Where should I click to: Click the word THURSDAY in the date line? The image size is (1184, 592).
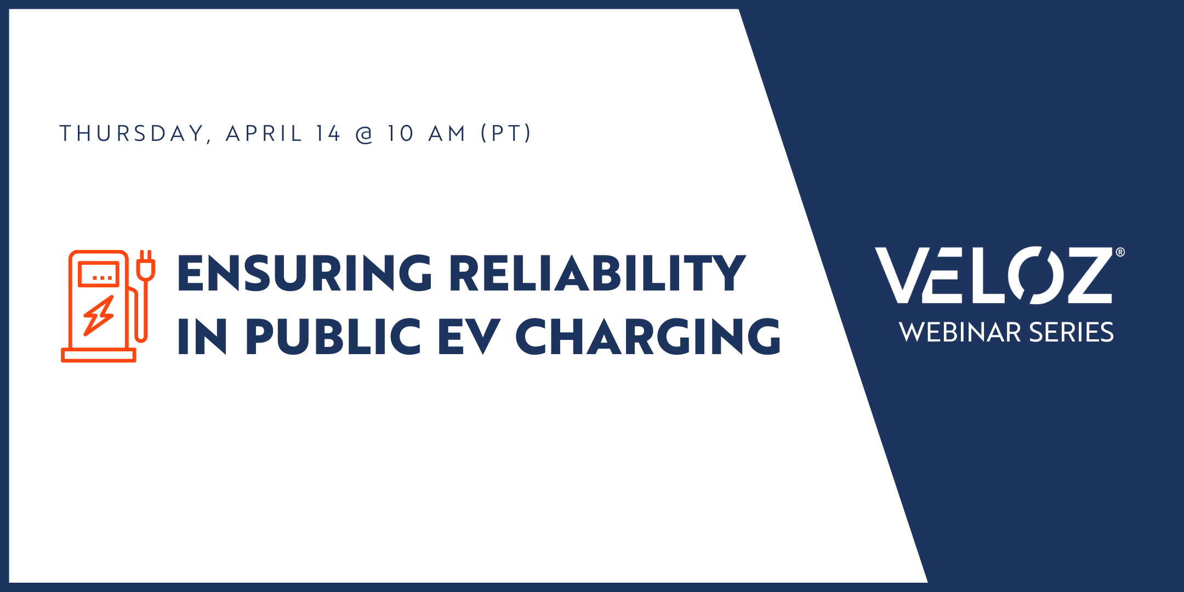(132, 134)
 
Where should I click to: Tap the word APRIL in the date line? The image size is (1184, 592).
(264, 134)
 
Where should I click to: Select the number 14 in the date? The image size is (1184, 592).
(328, 134)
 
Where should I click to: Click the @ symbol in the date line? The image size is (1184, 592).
(365, 135)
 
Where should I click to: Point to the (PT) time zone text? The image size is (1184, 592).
(506, 134)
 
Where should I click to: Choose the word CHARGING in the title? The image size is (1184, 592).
(648, 337)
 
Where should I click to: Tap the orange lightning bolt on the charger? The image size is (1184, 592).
(99, 316)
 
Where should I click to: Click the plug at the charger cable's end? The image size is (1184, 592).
(145, 265)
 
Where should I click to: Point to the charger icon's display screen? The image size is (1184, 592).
(99, 274)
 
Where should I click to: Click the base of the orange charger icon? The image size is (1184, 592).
(99, 355)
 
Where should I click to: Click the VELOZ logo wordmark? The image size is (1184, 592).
(993, 275)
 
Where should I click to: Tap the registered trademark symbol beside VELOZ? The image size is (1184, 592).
(1120, 252)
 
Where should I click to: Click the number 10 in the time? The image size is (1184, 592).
(401, 134)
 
